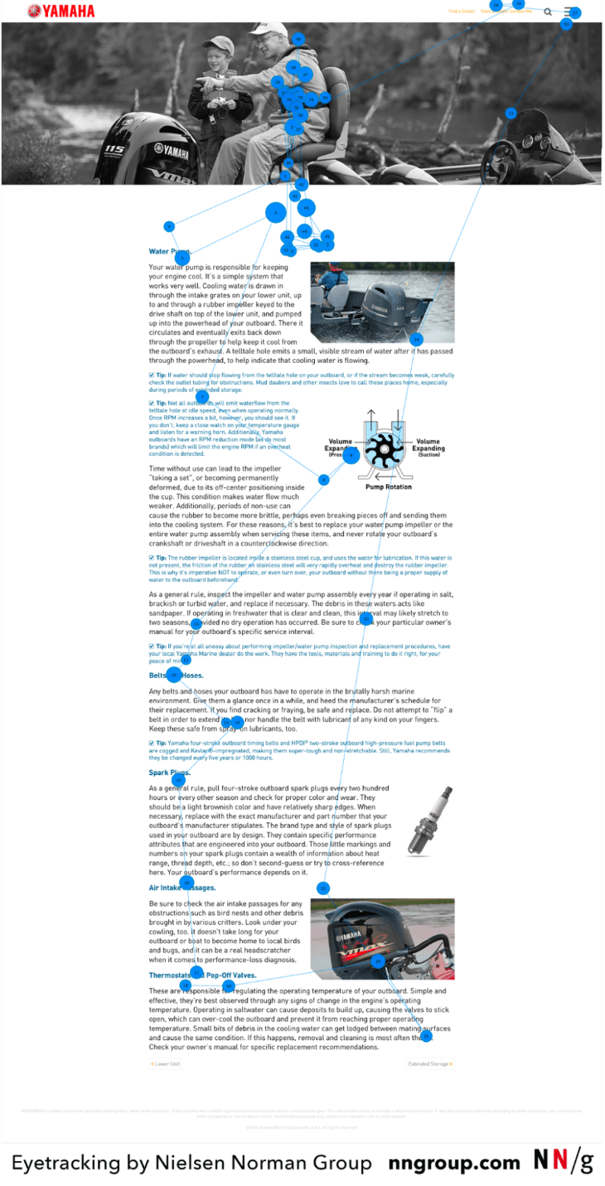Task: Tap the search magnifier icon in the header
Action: tap(548, 12)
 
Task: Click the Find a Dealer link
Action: tap(462, 12)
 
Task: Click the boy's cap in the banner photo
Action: tap(217, 43)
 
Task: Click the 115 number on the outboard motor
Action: tap(114, 150)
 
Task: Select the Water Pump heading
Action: tap(169, 251)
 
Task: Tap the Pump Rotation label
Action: tap(388, 487)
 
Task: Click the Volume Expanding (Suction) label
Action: tap(428, 448)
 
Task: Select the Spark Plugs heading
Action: tap(169, 773)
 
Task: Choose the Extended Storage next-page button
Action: tap(430, 1063)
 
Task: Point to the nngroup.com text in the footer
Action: tap(453, 1163)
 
